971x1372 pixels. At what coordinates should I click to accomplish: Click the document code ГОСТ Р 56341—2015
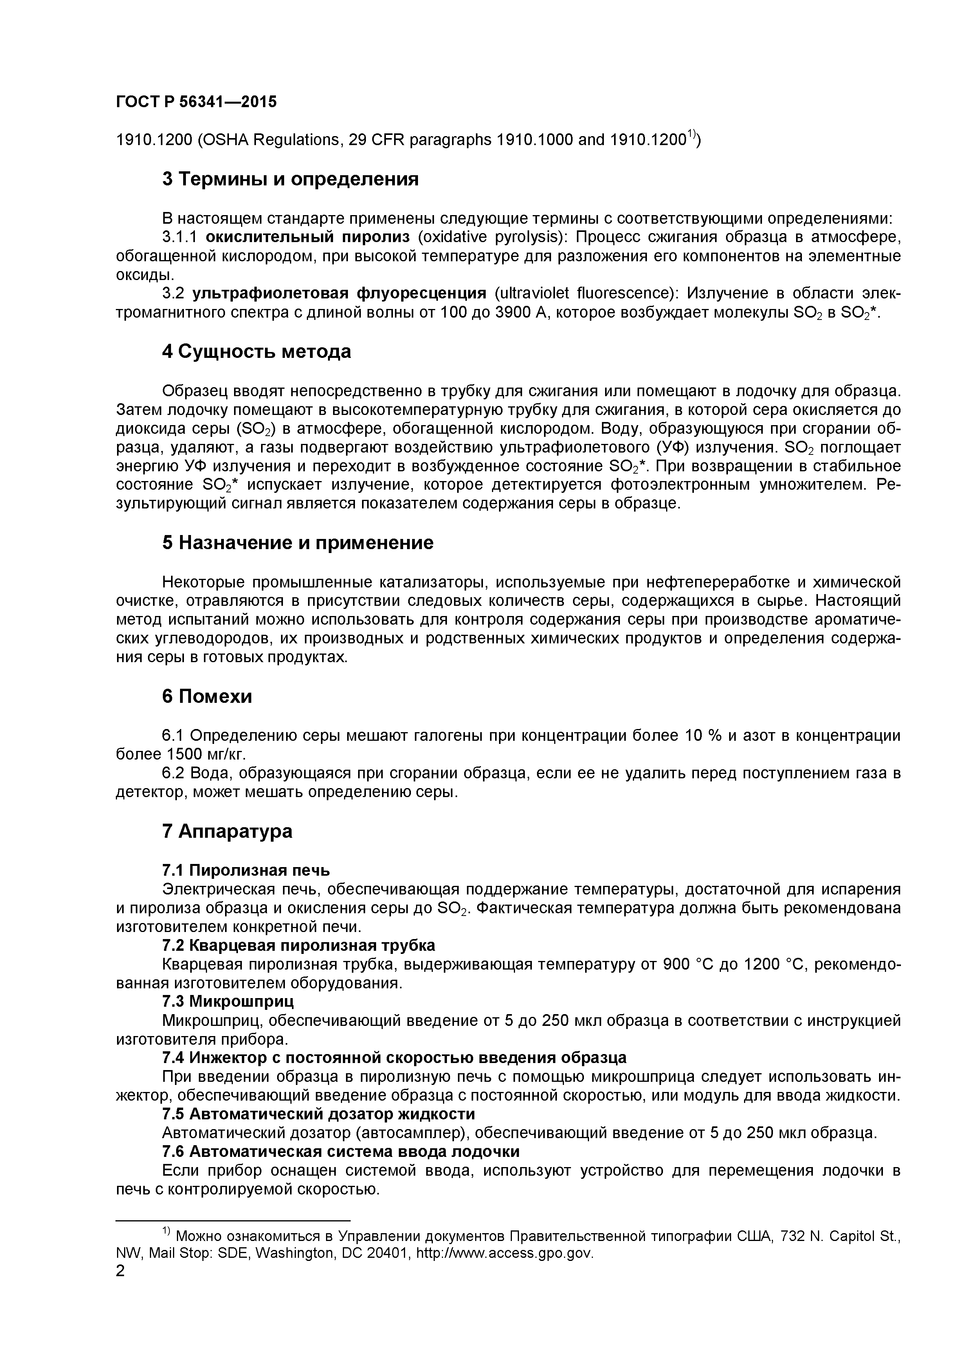pyautogui.click(x=196, y=102)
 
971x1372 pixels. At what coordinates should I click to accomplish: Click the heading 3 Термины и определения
pyautogui.click(x=290, y=179)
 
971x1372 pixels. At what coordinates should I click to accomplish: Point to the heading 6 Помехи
pyautogui.click(x=207, y=696)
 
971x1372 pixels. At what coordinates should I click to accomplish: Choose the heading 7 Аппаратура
pyautogui.click(x=227, y=831)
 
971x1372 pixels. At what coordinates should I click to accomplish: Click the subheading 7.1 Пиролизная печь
pyautogui.click(x=246, y=870)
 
